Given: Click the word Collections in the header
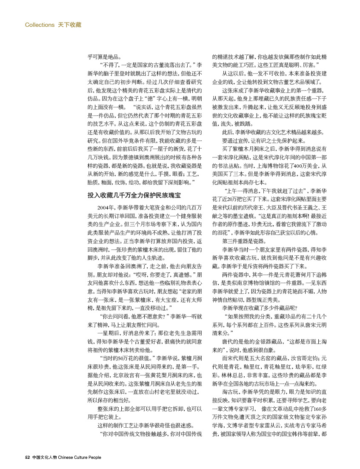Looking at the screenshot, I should tap(40, 25).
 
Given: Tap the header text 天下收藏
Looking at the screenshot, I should tap(69, 25).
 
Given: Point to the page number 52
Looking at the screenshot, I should tap(27, 458).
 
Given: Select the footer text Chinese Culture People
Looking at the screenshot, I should tap(80, 458).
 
